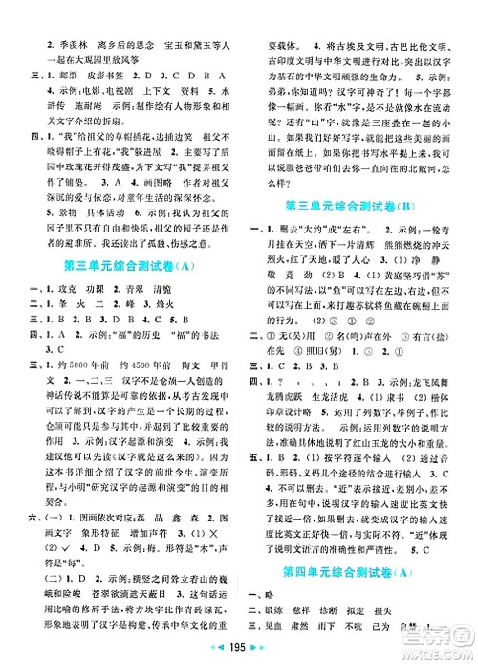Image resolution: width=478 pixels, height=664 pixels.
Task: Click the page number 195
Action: tap(238, 650)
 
